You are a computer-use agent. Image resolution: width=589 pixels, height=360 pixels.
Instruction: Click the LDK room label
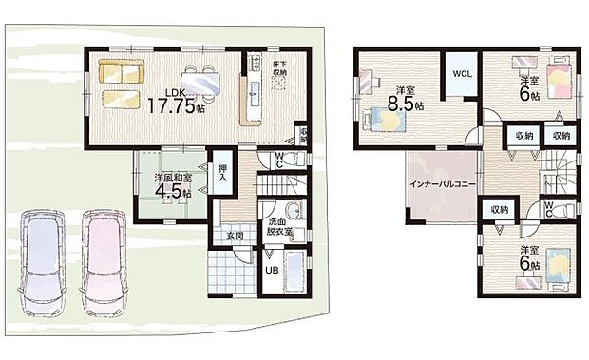pos(175,92)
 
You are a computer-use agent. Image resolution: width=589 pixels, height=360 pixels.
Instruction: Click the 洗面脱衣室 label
pos(280,227)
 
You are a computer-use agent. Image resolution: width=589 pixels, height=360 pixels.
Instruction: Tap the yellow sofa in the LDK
pos(122,71)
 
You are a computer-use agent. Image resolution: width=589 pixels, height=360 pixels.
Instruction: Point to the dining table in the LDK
pos(201,83)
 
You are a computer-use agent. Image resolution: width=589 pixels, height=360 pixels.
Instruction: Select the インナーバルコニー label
pos(441,183)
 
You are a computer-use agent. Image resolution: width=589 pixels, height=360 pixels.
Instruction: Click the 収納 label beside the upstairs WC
pos(498,209)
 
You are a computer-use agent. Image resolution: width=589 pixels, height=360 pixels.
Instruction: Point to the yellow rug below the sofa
pos(122,98)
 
